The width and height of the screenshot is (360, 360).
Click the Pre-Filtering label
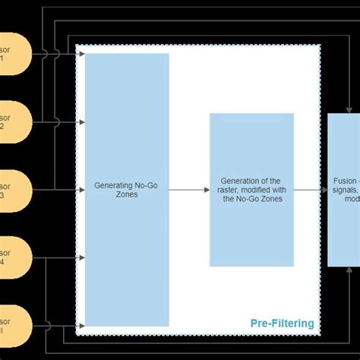click(282, 324)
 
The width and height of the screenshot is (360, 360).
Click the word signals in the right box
click(346, 190)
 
